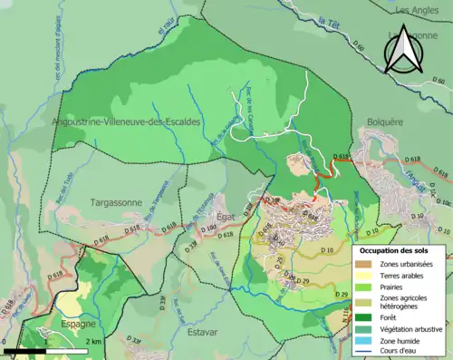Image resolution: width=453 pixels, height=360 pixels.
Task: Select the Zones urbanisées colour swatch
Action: point(364,264)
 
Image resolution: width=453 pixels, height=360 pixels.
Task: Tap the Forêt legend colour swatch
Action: point(364,317)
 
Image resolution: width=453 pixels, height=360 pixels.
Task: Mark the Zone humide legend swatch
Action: point(364,342)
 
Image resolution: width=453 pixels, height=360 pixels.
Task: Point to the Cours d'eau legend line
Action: point(364,354)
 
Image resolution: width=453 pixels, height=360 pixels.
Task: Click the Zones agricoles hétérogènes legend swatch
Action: point(364,302)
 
